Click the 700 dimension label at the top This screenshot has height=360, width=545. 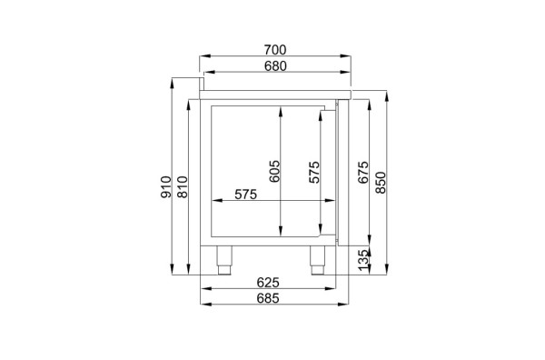[x=275, y=50]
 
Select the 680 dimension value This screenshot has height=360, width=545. [x=275, y=65]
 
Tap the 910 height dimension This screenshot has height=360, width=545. [x=166, y=187]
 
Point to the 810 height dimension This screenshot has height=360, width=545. [x=183, y=187]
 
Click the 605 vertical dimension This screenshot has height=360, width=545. [x=274, y=171]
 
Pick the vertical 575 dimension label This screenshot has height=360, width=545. [x=314, y=172]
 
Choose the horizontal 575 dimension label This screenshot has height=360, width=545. [x=246, y=194]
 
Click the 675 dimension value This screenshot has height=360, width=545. [x=362, y=172]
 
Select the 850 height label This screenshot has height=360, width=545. [x=381, y=183]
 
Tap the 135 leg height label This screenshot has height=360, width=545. [x=362, y=260]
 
